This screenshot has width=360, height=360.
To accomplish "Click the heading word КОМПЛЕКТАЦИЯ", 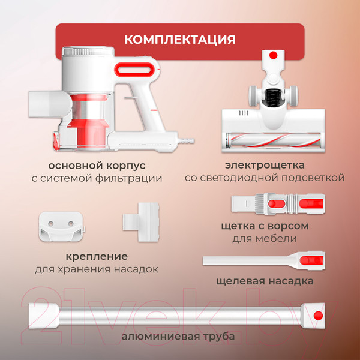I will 179,40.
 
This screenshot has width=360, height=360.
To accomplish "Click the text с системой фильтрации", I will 97,178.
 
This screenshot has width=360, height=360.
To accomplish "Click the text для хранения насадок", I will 97,269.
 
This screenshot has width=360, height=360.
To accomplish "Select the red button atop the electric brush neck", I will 272,55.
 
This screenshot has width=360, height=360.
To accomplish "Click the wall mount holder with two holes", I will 60,226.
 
